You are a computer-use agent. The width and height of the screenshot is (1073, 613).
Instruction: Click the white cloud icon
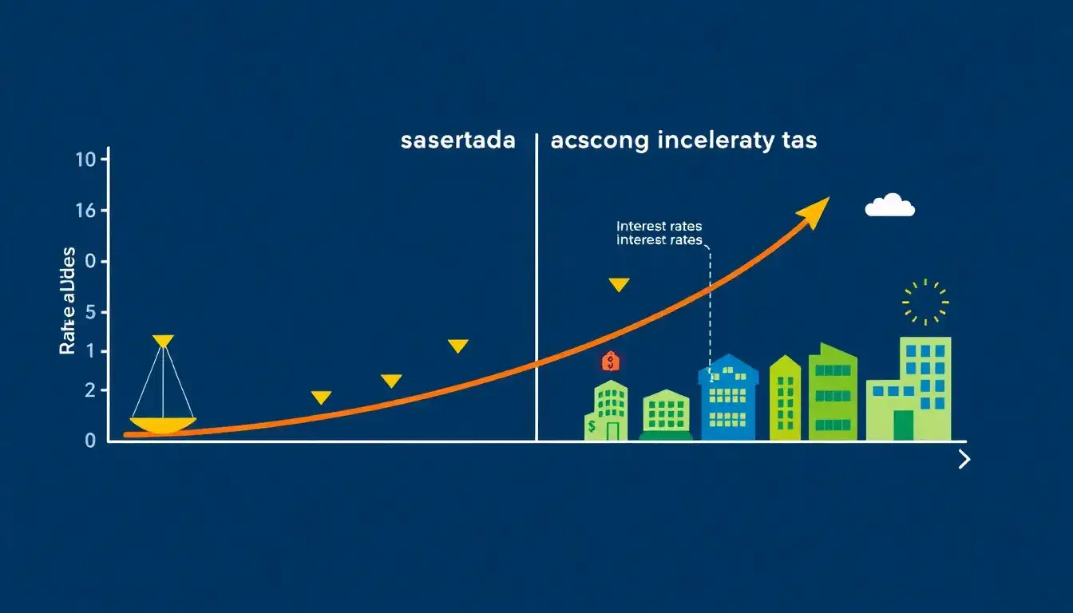click(889, 206)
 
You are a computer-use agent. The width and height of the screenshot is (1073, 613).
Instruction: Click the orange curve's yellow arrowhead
click(814, 212)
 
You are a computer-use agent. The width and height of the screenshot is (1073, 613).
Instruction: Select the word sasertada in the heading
click(457, 141)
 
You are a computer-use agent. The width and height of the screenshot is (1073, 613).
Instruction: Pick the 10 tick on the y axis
click(85, 160)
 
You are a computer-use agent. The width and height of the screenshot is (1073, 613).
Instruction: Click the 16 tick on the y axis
click(85, 211)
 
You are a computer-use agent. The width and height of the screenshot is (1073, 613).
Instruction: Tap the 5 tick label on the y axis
click(90, 312)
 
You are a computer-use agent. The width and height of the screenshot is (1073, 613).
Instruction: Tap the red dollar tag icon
click(611, 362)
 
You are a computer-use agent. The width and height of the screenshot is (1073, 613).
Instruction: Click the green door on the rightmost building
click(903, 425)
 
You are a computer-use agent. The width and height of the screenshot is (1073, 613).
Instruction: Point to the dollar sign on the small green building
click(591, 427)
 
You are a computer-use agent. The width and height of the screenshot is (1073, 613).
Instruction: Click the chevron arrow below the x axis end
click(964, 459)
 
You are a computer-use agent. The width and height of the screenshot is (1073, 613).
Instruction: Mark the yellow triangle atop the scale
click(163, 341)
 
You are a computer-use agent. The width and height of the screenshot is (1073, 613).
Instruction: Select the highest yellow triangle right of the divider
click(619, 284)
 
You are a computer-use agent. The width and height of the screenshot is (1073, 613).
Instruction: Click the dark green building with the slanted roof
click(833, 393)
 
